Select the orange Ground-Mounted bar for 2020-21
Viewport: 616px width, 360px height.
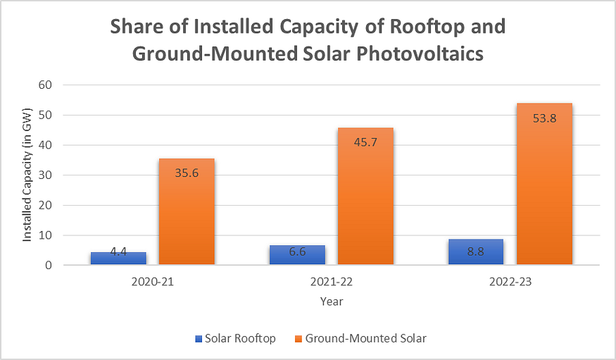click(x=186, y=212)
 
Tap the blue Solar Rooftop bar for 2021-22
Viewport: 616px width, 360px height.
click(x=296, y=255)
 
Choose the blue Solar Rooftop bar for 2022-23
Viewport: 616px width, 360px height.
click(x=475, y=252)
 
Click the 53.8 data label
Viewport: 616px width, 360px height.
click(x=543, y=118)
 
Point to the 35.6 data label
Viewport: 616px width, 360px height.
click(x=186, y=173)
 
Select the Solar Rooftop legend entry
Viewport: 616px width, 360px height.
click(x=235, y=339)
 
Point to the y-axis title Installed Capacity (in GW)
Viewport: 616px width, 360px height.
click(x=27, y=175)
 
